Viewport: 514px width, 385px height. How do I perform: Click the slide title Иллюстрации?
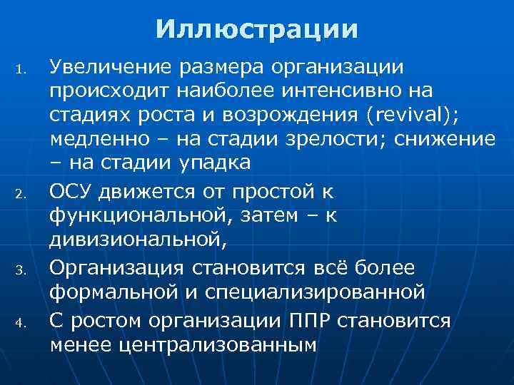tap(257, 30)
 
